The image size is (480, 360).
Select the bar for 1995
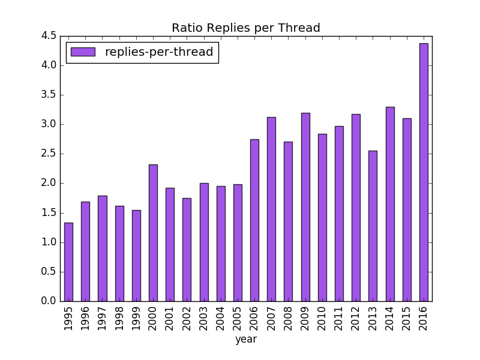(68, 262)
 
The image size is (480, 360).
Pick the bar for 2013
(373, 226)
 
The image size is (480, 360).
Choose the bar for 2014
(390, 204)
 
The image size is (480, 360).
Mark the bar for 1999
(136, 256)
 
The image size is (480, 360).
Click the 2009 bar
(305, 207)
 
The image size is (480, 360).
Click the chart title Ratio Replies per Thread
(246, 28)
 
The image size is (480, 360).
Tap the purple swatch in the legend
(83, 52)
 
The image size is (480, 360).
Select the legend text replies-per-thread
(159, 52)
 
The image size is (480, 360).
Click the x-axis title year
(246, 340)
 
